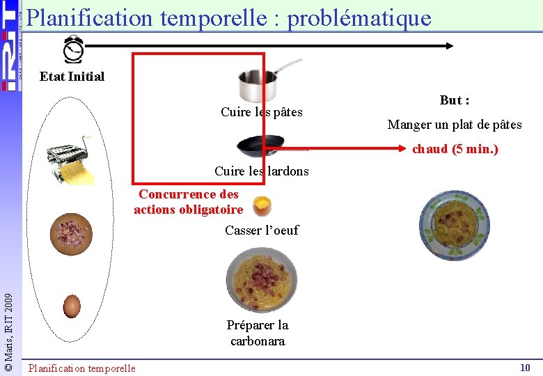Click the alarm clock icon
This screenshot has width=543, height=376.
pyautogui.click(x=73, y=49)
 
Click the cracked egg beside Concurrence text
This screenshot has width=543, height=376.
pyautogui.click(x=262, y=206)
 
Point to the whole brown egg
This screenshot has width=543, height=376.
pyautogui.click(x=72, y=306)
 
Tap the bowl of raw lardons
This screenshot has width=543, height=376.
pyautogui.click(x=70, y=232)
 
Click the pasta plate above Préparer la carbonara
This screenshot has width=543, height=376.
pyautogui.click(x=262, y=280)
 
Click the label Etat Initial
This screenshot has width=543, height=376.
pyautogui.click(x=72, y=77)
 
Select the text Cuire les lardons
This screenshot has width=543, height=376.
pyautogui.click(x=262, y=171)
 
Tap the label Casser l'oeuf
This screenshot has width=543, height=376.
pyautogui.click(x=262, y=230)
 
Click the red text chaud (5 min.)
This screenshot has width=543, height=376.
pyautogui.click(x=455, y=148)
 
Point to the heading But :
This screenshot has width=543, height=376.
pyautogui.click(x=454, y=100)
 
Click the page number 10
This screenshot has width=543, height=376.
pyautogui.click(x=525, y=367)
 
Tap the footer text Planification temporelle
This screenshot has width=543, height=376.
pyautogui.click(x=82, y=368)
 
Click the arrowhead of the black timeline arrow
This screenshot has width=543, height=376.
pyautogui.click(x=450, y=46)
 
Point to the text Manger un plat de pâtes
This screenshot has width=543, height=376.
pyautogui.click(x=455, y=125)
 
